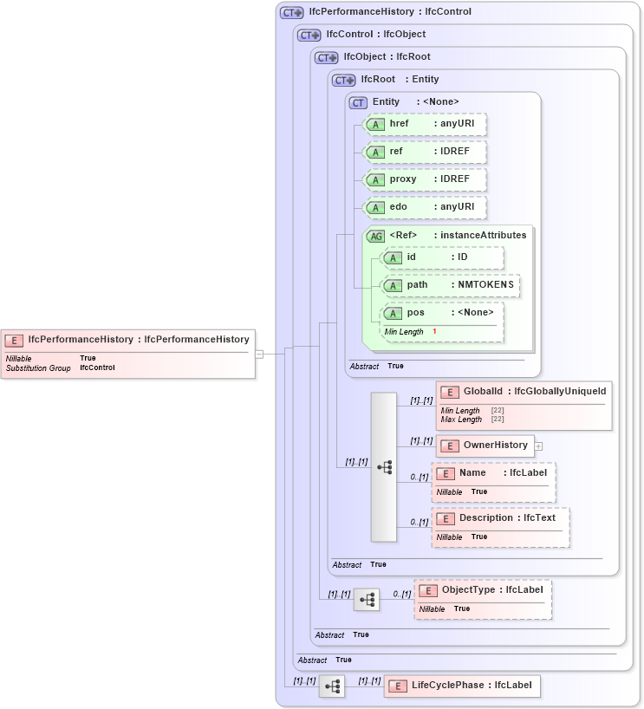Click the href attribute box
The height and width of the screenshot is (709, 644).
425,124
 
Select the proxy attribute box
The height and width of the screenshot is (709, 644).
425,179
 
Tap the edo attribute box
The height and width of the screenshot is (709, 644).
425,207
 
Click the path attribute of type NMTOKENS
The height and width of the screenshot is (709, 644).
451,285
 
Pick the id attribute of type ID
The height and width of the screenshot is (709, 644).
442,257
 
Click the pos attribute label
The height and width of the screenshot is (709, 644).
416,313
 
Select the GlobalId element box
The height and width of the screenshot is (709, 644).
524,392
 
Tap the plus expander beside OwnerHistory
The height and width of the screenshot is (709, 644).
538,446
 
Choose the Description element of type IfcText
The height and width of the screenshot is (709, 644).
500,518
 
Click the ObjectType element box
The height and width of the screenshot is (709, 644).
483,590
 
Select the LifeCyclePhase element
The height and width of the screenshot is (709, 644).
462,686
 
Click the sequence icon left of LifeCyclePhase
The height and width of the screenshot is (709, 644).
332,686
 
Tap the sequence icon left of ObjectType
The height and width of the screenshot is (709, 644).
367,600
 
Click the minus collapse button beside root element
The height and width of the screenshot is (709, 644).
259,354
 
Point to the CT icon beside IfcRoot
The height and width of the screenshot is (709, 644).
345,80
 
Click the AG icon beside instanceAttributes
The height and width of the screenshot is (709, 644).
375,236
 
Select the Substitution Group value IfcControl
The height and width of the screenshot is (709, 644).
97,368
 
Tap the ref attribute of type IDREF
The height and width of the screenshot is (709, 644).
425,152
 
